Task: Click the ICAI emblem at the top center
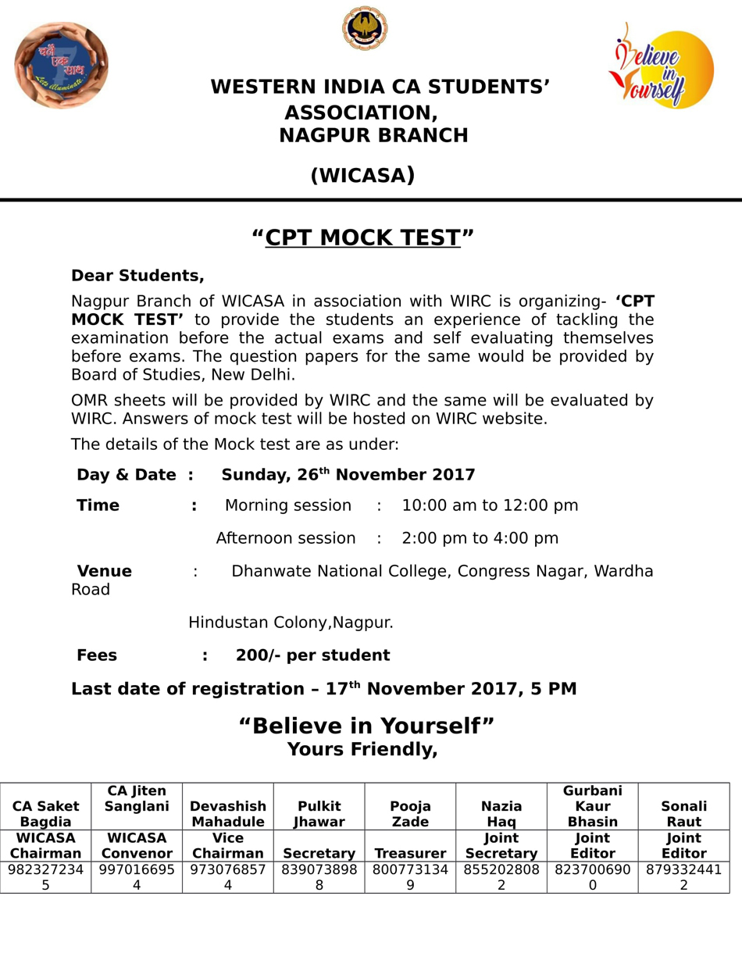pyautogui.click(x=365, y=29)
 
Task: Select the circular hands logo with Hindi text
pyautogui.click(x=61, y=65)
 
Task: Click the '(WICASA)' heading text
pyautogui.click(x=362, y=176)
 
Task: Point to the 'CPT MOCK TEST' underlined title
pyautogui.click(x=362, y=237)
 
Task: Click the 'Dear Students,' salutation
pyautogui.click(x=137, y=276)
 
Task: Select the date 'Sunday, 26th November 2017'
pyautogui.click(x=348, y=475)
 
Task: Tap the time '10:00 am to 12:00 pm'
pyautogui.click(x=490, y=505)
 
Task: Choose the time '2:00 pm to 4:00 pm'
pyautogui.click(x=480, y=538)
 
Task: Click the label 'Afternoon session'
pyautogui.click(x=286, y=538)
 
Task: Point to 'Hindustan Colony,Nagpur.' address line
pyautogui.click(x=291, y=623)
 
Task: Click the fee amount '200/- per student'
pyautogui.click(x=312, y=655)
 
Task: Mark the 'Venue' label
pyautogui.click(x=104, y=571)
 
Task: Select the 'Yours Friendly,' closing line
pyautogui.click(x=362, y=750)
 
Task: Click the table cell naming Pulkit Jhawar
pyautogui.click(x=319, y=814)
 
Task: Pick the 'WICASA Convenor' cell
pyautogui.click(x=137, y=846)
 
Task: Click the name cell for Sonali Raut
pyautogui.click(x=683, y=814)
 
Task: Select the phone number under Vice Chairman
pyautogui.click(x=228, y=877)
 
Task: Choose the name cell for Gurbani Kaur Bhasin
pyautogui.click(x=592, y=806)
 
